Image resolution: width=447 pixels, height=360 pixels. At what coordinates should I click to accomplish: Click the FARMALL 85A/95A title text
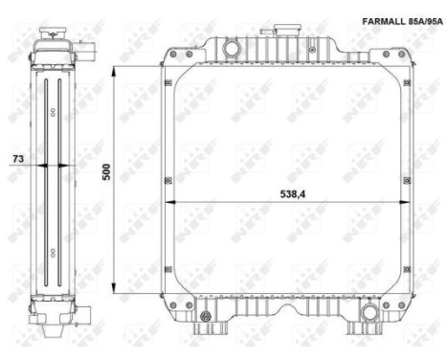[x=402, y=21]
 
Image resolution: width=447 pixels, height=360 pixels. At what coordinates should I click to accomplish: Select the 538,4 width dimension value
[x=292, y=194]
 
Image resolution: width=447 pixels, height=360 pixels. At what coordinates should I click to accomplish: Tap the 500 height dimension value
[x=106, y=171]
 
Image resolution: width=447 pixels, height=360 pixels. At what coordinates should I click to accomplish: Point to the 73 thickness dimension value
[x=18, y=158]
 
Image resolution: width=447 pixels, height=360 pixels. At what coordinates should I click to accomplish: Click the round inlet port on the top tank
[x=231, y=48]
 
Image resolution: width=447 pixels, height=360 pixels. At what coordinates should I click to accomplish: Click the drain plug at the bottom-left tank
[x=205, y=316]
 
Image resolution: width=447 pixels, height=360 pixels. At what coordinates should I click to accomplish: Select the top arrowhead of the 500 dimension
[x=114, y=71]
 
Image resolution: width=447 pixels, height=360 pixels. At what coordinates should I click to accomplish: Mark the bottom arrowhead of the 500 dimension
[x=114, y=288]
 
